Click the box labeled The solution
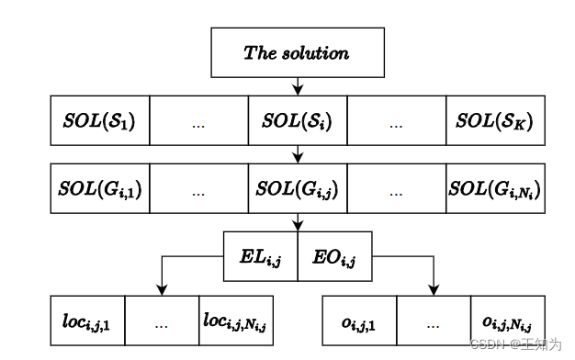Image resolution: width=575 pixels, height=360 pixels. click(297, 51)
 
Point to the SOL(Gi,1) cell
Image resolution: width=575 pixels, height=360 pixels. click(99, 189)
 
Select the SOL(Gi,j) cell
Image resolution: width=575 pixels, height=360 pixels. click(297, 189)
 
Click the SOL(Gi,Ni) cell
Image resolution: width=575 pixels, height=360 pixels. click(495, 189)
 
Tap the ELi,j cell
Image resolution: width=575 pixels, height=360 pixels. click(261, 255)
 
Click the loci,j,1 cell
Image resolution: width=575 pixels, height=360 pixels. click(86, 320)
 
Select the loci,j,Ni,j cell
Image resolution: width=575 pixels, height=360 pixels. click(234, 320)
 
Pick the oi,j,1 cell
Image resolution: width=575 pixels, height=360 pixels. click(359, 320)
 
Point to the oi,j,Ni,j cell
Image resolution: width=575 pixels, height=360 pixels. click(507, 320)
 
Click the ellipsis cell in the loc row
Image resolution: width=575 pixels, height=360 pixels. click(161, 320)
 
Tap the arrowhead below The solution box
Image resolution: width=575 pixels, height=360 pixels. click(297, 90)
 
